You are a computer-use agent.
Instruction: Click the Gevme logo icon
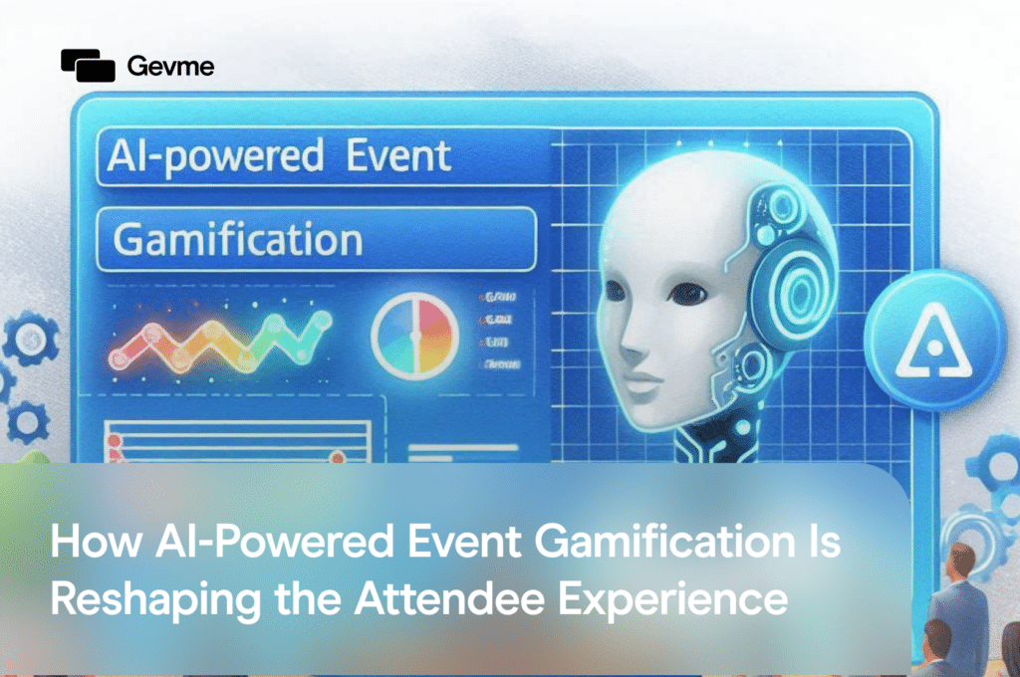[x=89, y=65]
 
